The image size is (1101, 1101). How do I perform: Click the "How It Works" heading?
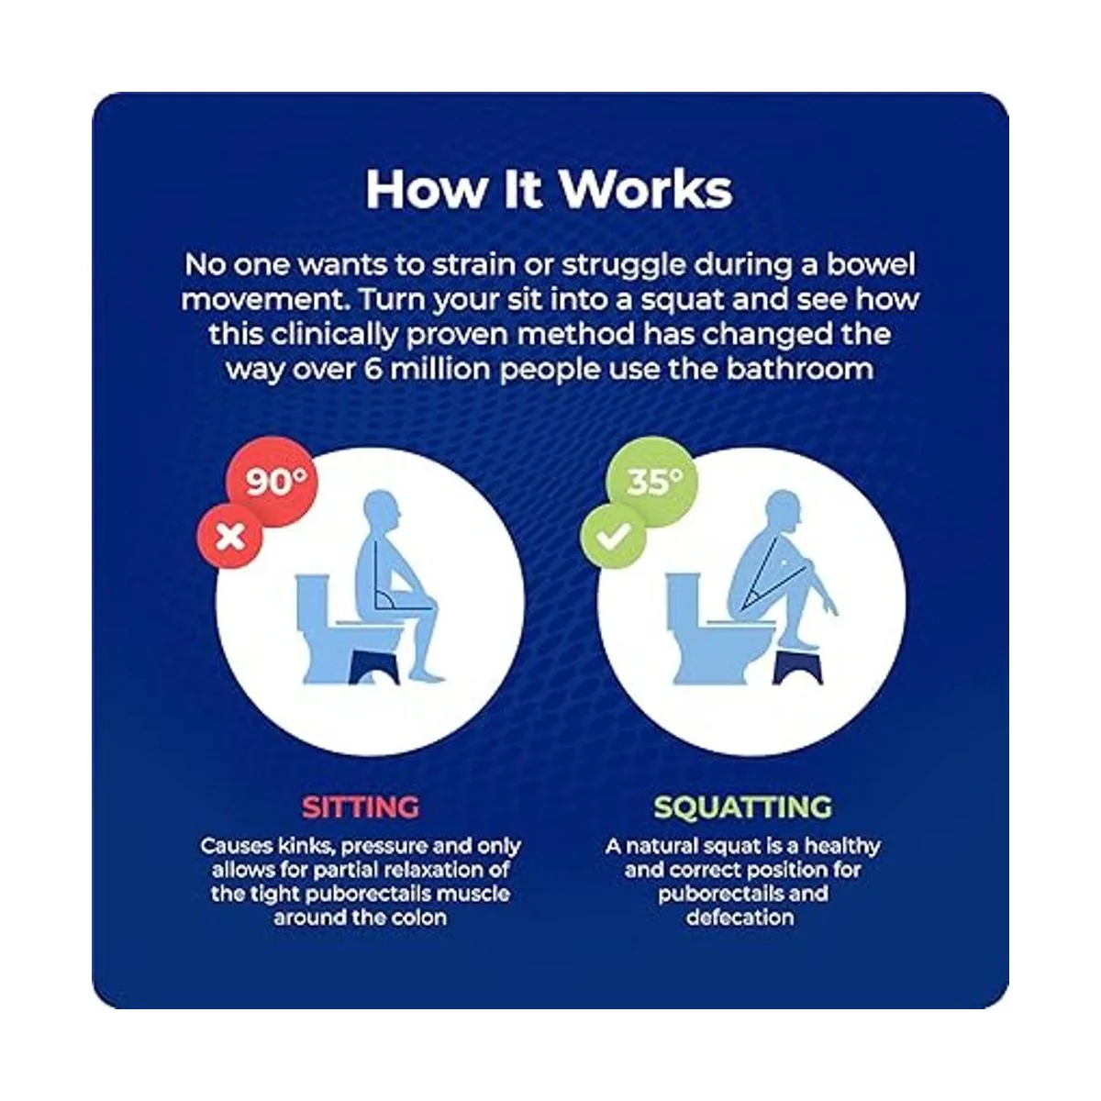coord(549,190)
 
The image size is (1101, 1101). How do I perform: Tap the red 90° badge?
coord(272,483)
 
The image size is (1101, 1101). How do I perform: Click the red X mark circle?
coord(230,537)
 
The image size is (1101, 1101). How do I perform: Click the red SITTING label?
coord(361,807)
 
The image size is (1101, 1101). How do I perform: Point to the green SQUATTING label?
coord(742,807)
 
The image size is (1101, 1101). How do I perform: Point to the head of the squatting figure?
coord(783,508)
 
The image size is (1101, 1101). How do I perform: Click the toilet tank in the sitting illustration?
coord(313,600)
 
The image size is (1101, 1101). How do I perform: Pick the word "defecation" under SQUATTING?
coord(740,917)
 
